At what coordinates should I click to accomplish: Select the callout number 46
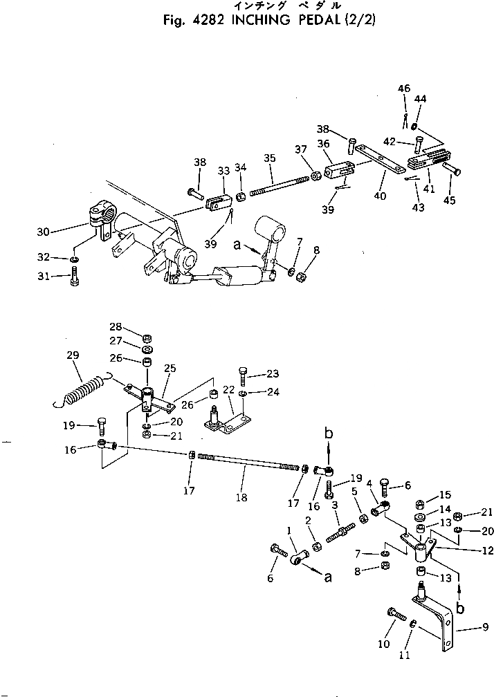click(404, 89)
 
